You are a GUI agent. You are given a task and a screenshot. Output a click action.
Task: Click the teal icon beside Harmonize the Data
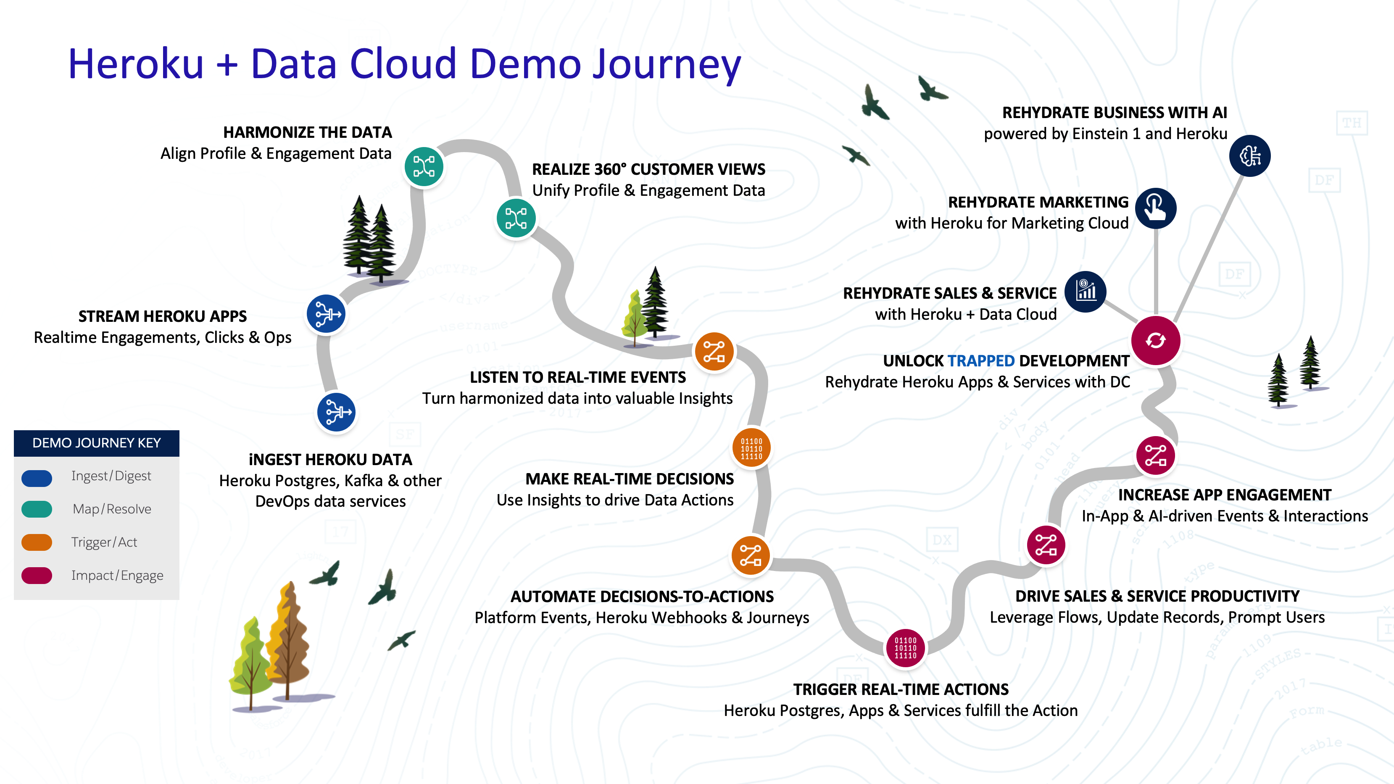[424, 167]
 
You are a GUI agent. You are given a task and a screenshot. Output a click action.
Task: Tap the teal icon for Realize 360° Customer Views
[516, 218]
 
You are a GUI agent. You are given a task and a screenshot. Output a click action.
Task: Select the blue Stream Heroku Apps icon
[326, 314]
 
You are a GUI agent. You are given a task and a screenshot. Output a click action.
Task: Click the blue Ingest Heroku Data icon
[336, 412]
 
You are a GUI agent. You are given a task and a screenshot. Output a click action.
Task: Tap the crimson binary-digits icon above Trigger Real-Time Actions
[905, 647]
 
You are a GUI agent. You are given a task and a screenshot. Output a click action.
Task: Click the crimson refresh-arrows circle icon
[1155, 341]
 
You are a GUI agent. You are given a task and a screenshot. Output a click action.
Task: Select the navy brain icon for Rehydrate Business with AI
[1249, 156]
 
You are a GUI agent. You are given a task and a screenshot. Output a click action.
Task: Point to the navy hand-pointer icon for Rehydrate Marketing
[1155, 208]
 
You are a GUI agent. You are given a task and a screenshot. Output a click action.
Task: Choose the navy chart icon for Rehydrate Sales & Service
[1085, 292]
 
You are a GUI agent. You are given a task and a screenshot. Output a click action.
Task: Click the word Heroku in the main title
[136, 64]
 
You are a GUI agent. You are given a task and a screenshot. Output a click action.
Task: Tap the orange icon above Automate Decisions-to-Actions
[750, 555]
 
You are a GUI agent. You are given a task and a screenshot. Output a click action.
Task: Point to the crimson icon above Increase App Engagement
[1155, 455]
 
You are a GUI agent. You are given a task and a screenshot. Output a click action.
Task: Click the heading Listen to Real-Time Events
[577, 377]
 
